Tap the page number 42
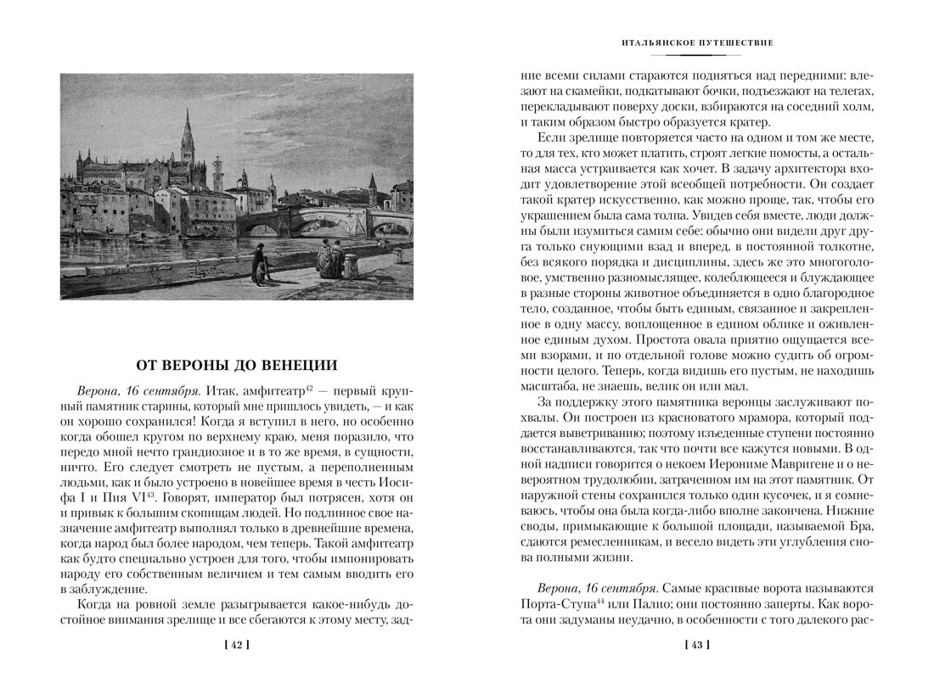coord(236,646)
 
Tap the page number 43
coord(696,646)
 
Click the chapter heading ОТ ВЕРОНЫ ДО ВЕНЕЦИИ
coord(237,366)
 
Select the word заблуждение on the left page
coord(111,590)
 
